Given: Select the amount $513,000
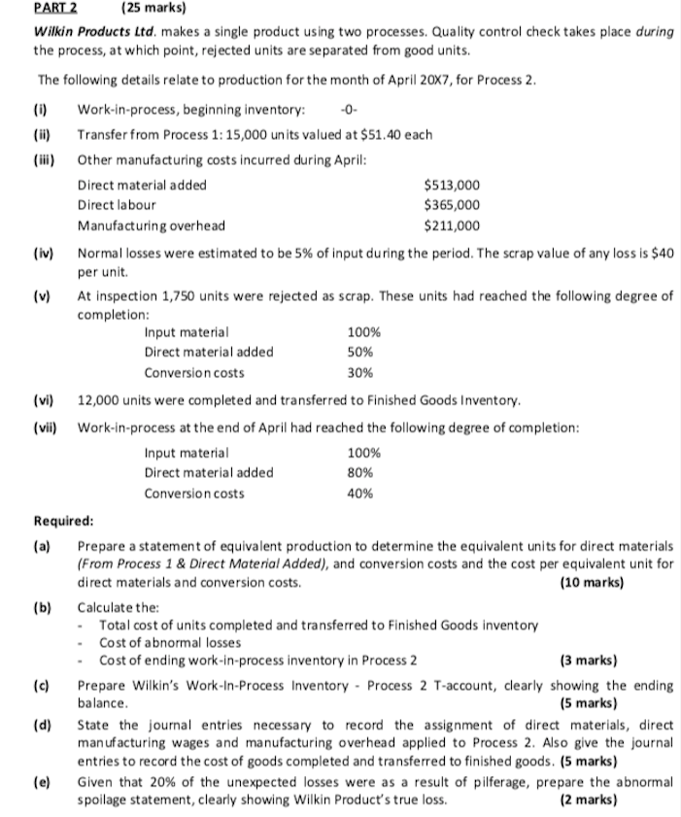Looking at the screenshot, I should click(452, 185).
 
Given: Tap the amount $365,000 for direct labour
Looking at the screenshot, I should click(452, 205).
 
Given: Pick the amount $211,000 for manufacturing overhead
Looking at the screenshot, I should click(452, 225).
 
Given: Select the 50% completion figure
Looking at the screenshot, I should click(359, 353).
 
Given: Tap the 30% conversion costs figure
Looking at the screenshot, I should click(359, 373).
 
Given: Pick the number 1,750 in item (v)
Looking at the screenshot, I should click(183, 296).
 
